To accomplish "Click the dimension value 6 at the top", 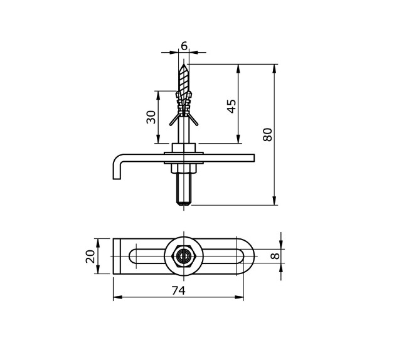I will coord(184,46).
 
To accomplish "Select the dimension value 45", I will coord(231,106).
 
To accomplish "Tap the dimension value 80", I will coord(268,134).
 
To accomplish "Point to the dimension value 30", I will coord(151,117).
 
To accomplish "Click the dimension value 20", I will coord(90,256).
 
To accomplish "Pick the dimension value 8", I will coord(274,256).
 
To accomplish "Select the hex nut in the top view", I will coord(183,256).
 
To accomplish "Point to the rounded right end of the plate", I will coord(249,256).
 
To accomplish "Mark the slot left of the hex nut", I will coord(147,256).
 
